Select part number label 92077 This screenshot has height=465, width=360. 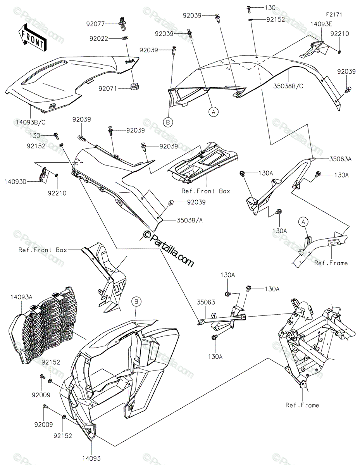tap(95, 24)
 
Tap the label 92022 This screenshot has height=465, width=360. tap(98, 39)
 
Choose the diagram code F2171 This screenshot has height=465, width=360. tap(334, 14)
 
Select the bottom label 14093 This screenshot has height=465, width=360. tap(91, 458)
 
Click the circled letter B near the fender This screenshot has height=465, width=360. tap(136, 301)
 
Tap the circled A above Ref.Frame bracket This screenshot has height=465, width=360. tap(303, 222)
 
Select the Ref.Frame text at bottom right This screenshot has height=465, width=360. tap(302, 405)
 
